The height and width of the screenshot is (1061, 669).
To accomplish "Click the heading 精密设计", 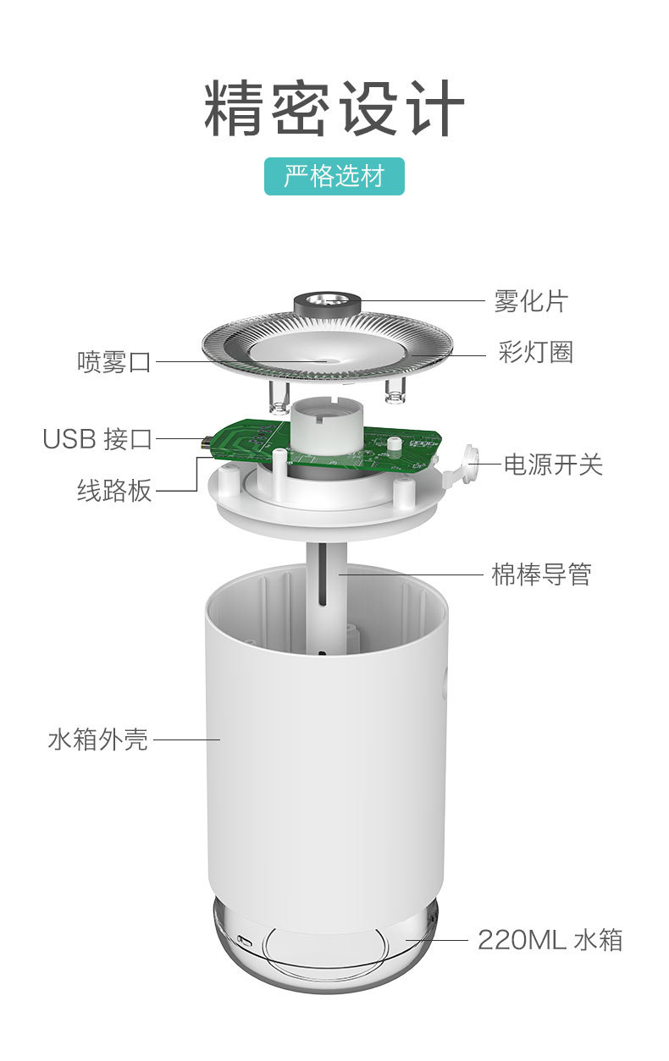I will (334, 109).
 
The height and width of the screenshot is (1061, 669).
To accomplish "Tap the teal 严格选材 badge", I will (334, 176).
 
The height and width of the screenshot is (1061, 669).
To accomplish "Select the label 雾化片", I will (531, 300).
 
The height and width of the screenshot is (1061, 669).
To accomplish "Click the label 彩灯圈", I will (536, 352).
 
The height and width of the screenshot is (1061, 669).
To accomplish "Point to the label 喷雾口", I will (114, 362).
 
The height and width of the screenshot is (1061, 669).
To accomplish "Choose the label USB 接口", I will (98, 439).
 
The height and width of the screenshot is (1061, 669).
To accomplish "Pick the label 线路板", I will (114, 491).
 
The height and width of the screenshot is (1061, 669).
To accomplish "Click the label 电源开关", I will (553, 464).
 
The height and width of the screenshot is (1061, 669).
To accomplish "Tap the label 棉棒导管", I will (541, 574).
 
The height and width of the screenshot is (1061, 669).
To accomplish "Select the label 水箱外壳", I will (98, 739).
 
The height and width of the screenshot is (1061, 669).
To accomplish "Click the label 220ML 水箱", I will (550, 939).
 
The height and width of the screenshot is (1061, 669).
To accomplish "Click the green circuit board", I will (246, 442).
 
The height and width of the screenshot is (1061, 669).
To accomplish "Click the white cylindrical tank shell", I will (327, 761).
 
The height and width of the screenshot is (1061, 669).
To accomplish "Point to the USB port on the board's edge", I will (204, 441).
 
